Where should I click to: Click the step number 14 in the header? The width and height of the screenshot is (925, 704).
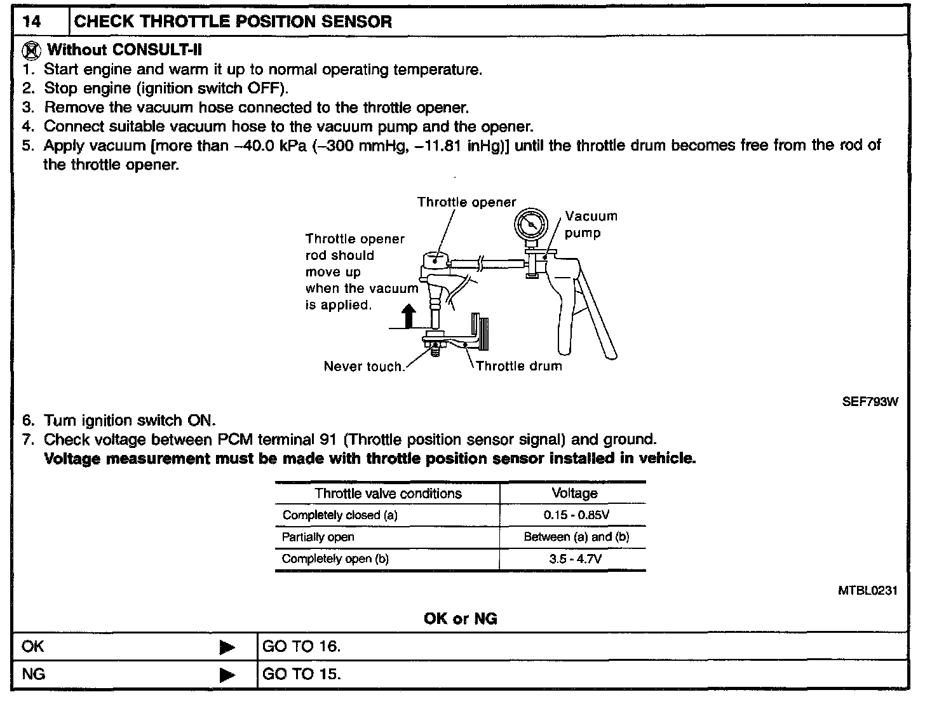pyautogui.click(x=31, y=22)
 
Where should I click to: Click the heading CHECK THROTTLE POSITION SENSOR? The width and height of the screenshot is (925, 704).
pyautogui.click(x=233, y=22)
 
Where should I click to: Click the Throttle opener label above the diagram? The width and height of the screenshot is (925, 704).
pyautogui.click(x=466, y=202)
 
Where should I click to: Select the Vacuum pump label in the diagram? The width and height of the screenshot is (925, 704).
pyautogui.click(x=591, y=224)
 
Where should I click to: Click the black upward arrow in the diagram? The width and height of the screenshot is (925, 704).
pyautogui.click(x=408, y=316)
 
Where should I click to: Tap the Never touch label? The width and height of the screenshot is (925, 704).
pyautogui.click(x=363, y=367)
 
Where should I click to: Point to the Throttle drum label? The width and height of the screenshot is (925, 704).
pyautogui.click(x=518, y=366)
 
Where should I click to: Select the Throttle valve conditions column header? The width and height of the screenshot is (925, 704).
pyautogui.click(x=388, y=494)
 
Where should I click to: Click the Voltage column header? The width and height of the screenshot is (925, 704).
pyautogui.click(x=574, y=494)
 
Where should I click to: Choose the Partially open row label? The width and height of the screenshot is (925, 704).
pyautogui.click(x=318, y=537)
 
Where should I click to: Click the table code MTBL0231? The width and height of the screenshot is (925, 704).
pyautogui.click(x=867, y=591)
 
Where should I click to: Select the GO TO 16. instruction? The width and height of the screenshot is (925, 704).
pyautogui.click(x=301, y=647)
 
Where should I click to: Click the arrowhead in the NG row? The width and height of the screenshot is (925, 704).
pyautogui.click(x=226, y=675)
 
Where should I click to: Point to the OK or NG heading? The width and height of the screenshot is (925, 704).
pyautogui.click(x=460, y=618)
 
